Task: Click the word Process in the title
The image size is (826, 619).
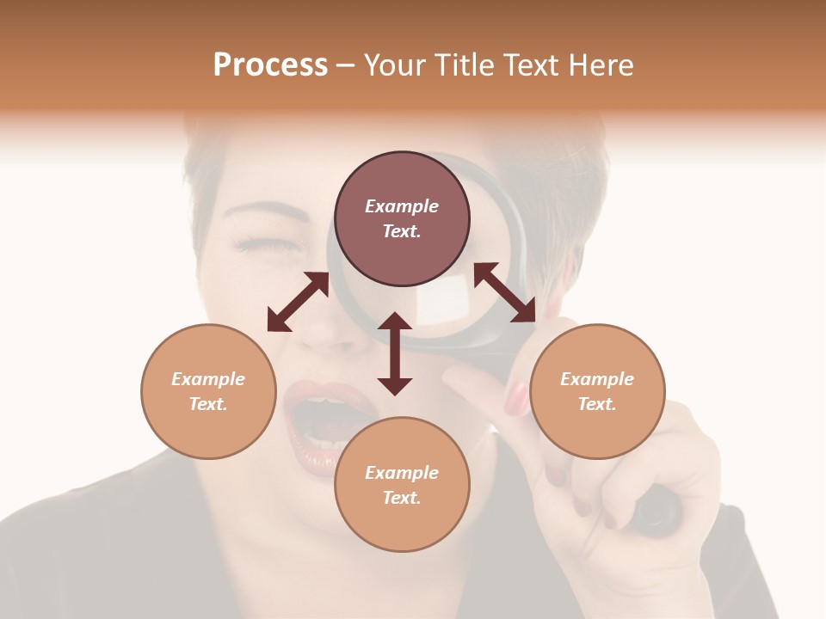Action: point(270,65)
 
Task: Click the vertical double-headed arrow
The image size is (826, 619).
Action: point(395,353)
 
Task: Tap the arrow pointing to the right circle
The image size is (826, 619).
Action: point(505,292)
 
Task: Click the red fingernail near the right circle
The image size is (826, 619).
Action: point(517,398)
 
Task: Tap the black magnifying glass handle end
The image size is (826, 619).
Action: point(658,512)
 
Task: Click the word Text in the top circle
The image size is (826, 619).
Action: point(402,231)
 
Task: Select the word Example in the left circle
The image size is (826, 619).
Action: point(208,379)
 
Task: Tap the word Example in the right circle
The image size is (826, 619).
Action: point(597,379)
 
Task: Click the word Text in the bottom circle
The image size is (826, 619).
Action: point(402,498)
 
